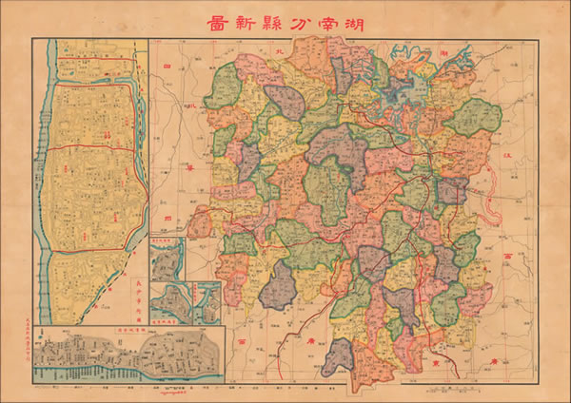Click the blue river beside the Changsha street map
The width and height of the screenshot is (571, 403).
41,190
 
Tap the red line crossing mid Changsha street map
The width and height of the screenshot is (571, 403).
90,148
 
